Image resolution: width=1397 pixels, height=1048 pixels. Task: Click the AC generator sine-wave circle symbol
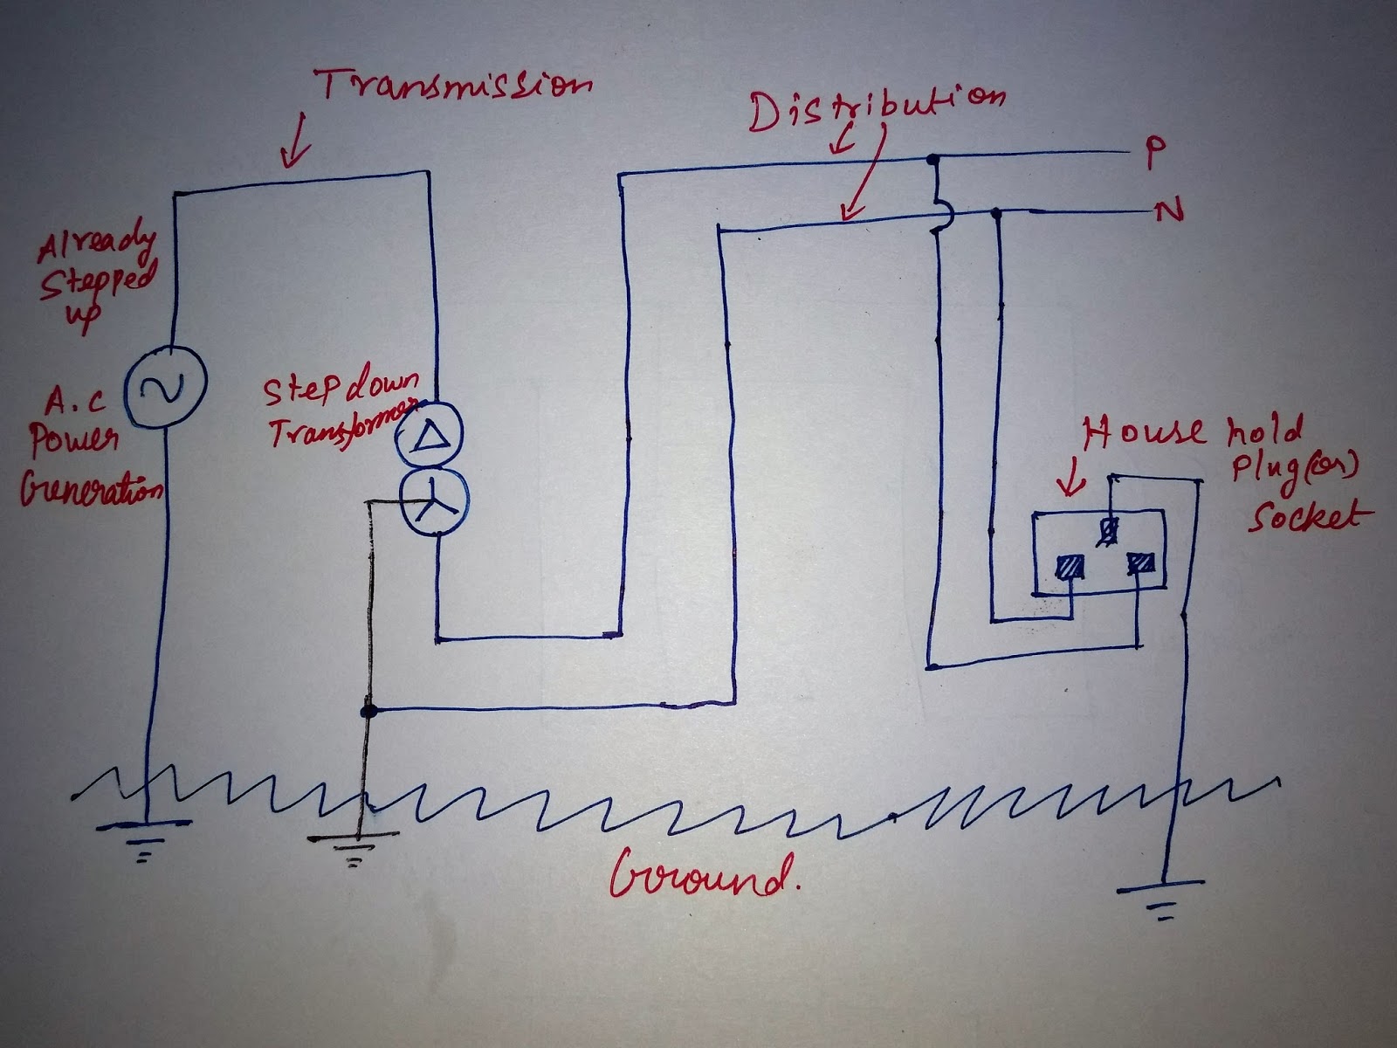pyautogui.click(x=163, y=386)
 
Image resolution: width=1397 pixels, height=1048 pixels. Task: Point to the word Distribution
pyautogui.click(x=877, y=107)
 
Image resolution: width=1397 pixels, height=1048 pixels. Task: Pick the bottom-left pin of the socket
pyautogui.click(x=1070, y=568)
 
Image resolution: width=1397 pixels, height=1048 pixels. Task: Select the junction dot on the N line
pyautogui.click(x=995, y=211)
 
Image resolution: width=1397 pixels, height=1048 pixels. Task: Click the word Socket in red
pyautogui.click(x=1304, y=517)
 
